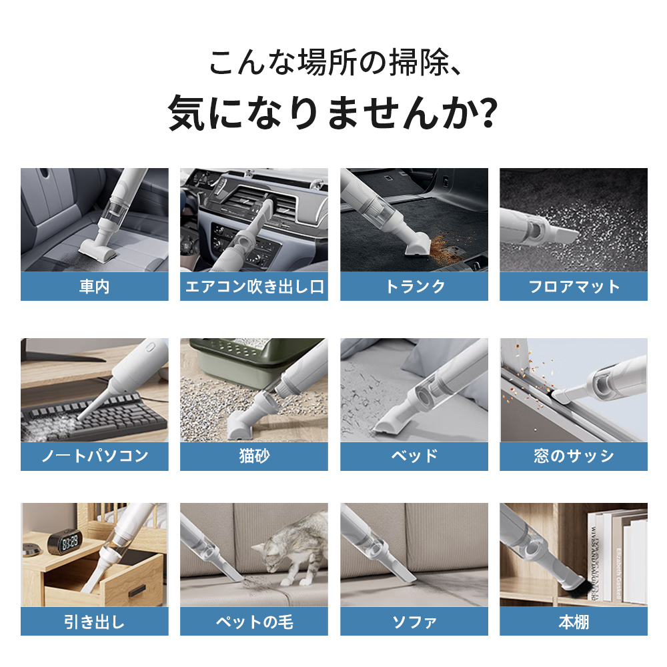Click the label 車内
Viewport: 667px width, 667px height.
[x=95, y=286]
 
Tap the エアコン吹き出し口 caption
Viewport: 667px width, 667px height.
[x=254, y=286]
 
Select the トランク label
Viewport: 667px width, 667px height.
[x=414, y=286]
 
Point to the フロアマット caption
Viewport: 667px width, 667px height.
[x=574, y=286]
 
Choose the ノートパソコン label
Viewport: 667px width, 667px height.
[x=95, y=456]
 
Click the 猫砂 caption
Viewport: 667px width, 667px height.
[x=254, y=456]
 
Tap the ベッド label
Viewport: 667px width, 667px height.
[x=414, y=456]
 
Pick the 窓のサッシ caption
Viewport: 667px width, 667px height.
[x=574, y=456]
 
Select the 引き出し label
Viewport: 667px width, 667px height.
[x=95, y=622]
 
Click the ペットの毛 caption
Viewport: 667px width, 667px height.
[x=254, y=622]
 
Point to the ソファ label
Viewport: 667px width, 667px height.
[x=414, y=622]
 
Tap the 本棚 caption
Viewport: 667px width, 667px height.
[x=574, y=622]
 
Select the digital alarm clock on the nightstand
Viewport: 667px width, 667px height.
[x=63, y=542]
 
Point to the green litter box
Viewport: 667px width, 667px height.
[x=251, y=362]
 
